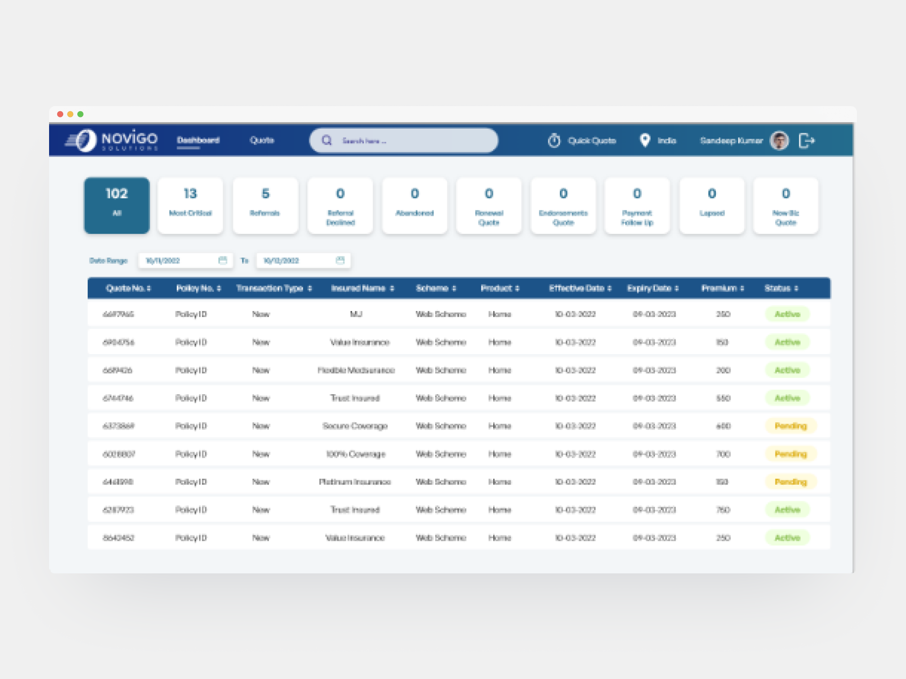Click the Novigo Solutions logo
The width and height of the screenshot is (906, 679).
click(x=112, y=140)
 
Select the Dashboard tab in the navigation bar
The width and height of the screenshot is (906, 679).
click(x=198, y=140)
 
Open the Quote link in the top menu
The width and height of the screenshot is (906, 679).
click(x=262, y=140)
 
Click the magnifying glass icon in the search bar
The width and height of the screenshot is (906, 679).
click(x=327, y=141)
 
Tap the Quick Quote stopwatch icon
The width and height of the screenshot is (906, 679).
click(x=554, y=141)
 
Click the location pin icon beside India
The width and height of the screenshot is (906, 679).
click(x=645, y=140)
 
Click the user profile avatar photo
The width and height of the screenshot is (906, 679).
click(x=779, y=141)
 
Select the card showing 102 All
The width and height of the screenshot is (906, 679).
click(x=117, y=206)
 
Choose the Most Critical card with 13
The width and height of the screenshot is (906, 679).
click(x=190, y=206)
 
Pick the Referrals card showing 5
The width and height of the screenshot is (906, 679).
click(x=265, y=206)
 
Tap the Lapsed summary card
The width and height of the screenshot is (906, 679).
click(x=712, y=206)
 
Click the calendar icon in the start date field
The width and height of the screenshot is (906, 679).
click(x=223, y=260)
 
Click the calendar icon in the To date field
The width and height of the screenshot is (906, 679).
click(x=340, y=260)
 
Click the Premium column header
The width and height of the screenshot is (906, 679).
click(x=722, y=288)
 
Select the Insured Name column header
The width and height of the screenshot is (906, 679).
click(x=362, y=288)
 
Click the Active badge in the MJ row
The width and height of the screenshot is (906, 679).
click(x=787, y=314)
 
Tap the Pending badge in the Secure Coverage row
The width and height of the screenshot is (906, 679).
click(x=790, y=426)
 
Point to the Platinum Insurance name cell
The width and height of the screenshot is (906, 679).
click(x=355, y=482)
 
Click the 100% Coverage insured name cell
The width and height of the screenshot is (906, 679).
click(x=356, y=454)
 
